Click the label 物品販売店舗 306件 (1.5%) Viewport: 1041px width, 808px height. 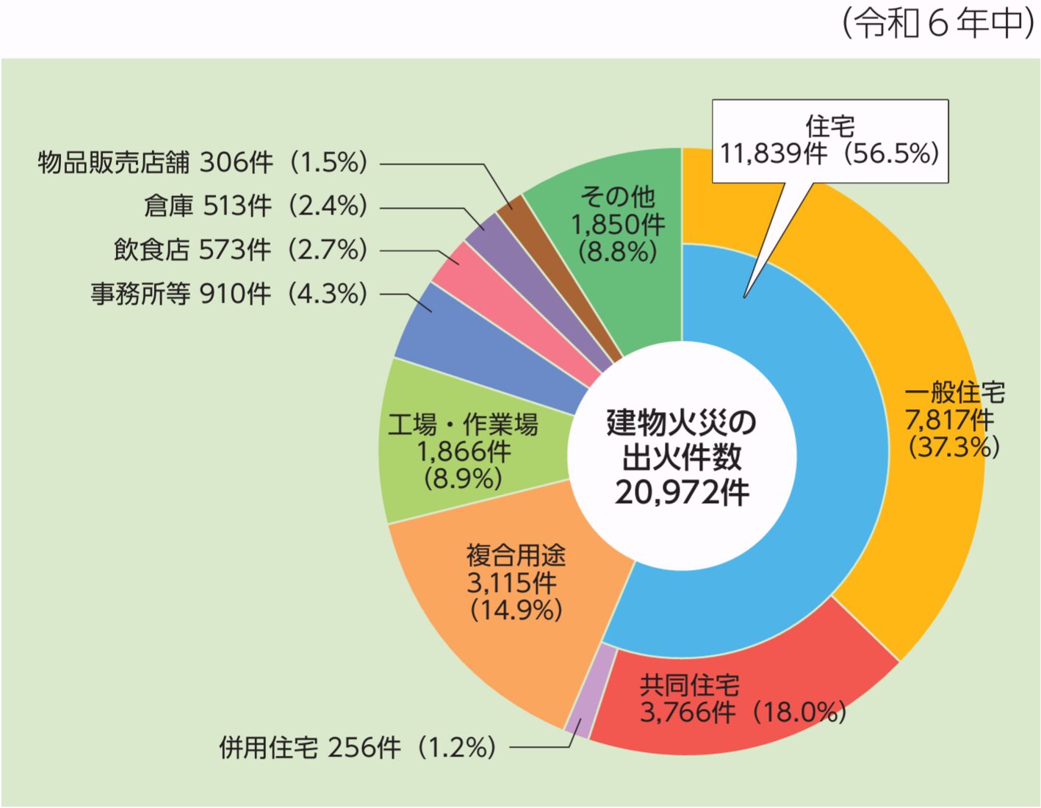click(x=202, y=162)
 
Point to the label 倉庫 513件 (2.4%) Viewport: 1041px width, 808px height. click(x=255, y=206)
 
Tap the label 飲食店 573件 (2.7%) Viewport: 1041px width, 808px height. click(x=240, y=250)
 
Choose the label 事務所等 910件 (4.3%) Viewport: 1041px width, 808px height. click(x=228, y=294)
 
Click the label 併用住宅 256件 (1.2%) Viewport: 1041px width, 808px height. click(x=358, y=748)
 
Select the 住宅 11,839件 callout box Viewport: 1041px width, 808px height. click(x=829, y=140)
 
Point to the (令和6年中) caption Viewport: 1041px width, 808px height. click(x=938, y=24)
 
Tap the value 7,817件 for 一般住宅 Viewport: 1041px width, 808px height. click(x=949, y=419)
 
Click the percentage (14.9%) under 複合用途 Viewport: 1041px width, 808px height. click(x=516, y=610)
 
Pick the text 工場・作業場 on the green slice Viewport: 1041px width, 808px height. click(x=463, y=424)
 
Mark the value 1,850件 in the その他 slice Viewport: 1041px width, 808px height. click(x=618, y=223)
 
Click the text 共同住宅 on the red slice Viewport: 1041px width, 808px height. click(x=689, y=685)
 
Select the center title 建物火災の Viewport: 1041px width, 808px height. click(x=682, y=422)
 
